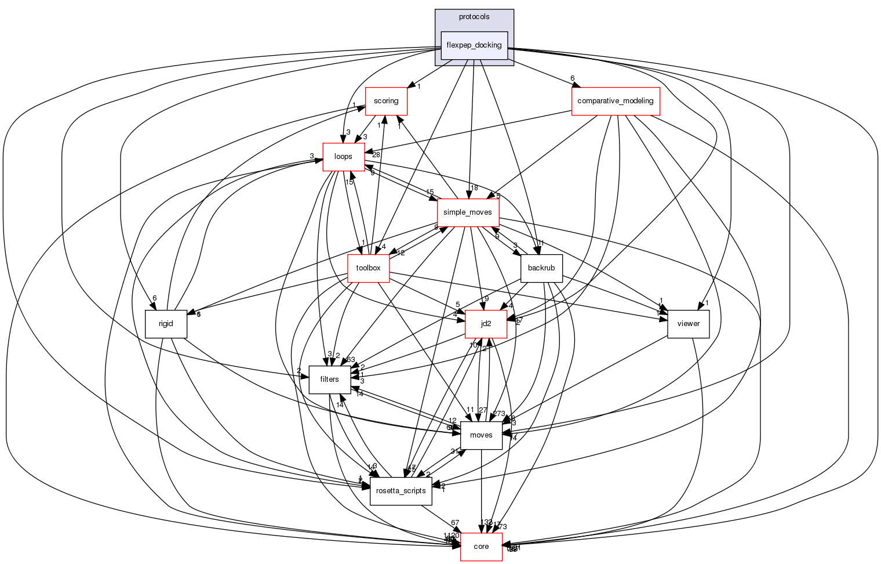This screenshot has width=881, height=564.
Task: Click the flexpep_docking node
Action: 474,45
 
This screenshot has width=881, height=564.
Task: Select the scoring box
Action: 385,101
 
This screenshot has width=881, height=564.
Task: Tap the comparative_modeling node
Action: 616,101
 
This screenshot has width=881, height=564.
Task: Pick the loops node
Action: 343,157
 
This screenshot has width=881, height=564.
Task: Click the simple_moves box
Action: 468,212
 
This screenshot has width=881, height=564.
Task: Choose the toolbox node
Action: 368,268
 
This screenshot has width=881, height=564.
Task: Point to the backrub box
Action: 541,268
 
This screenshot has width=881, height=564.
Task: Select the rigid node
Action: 166,324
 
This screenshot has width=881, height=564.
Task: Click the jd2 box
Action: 486,324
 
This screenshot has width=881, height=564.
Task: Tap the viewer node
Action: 688,324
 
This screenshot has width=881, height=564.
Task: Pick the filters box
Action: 329,379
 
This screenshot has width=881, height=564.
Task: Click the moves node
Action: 481,435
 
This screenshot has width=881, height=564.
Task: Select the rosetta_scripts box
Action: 401,491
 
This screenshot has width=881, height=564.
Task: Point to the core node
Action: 481,547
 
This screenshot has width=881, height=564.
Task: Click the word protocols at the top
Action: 474,17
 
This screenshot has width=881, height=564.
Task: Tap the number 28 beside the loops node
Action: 376,155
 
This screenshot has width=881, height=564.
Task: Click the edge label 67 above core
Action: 455,523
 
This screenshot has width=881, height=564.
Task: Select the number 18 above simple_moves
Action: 474,188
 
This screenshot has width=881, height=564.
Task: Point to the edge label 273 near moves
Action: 498,414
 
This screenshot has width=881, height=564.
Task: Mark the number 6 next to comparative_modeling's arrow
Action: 572,78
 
